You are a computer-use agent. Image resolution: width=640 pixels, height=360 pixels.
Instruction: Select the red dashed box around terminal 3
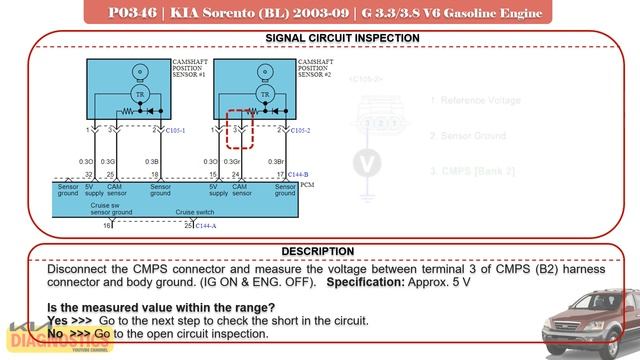coord(239,129)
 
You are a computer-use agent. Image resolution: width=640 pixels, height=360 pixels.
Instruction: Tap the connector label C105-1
coord(176,130)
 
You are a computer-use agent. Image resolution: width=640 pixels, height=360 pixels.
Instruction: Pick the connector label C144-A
coord(205,226)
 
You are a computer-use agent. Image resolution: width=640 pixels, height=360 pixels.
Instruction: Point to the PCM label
coord(307,185)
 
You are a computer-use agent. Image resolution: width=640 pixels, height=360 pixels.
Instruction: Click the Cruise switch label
coord(194,212)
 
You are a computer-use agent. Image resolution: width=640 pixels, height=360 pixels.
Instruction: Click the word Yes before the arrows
coord(58,320)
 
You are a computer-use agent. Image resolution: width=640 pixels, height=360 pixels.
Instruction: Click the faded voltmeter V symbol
coord(369,163)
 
